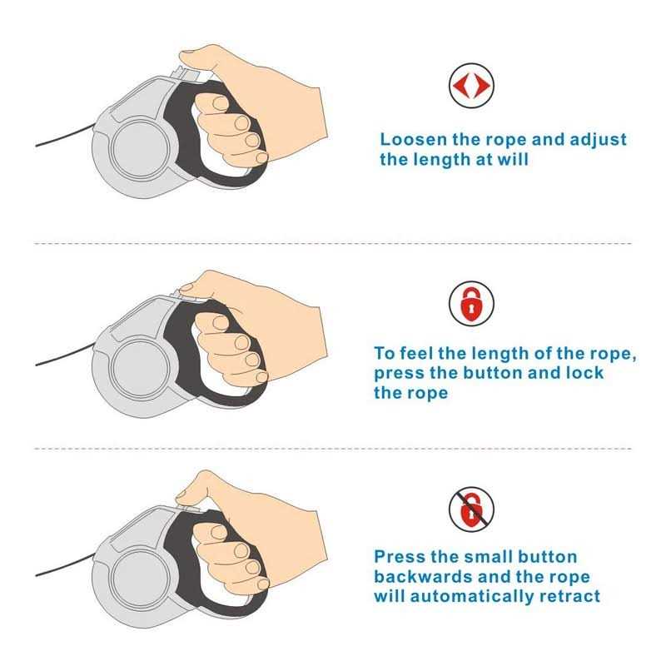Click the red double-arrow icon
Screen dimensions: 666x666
(471, 86)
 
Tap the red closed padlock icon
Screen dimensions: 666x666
(471, 303)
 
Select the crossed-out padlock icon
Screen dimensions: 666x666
(471, 509)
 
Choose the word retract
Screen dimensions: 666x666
(569, 596)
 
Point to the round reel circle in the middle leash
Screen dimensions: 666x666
(140, 368)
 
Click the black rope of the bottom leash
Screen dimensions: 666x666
(64, 567)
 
